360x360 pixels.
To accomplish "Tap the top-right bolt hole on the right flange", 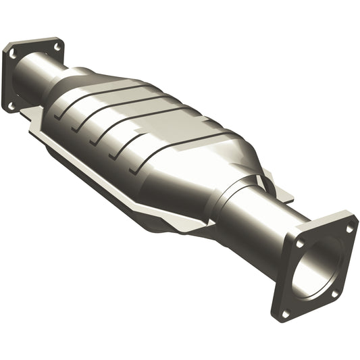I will pos(349,229).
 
